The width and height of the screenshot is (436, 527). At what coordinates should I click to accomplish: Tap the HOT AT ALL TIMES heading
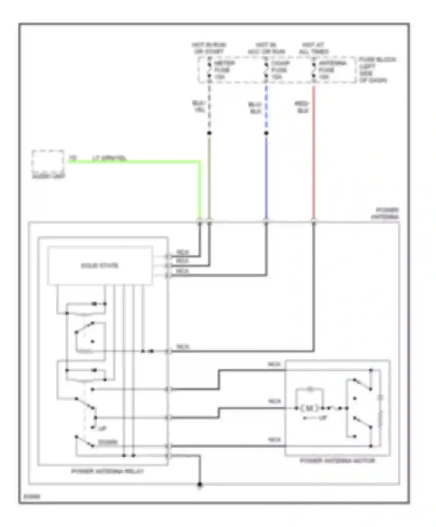click(x=313, y=48)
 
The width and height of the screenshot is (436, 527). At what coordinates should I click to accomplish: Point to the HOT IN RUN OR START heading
click(x=209, y=48)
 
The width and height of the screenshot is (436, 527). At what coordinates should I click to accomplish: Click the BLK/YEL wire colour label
click(x=199, y=107)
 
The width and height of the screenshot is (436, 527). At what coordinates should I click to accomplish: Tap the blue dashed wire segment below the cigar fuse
click(x=266, y=107)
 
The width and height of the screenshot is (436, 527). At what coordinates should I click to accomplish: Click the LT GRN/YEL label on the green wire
click(x=109, y=158)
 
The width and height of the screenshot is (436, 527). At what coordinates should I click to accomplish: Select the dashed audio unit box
click(x=48, y=162)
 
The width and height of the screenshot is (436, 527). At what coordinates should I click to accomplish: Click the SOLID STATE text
click(x=99, y=266)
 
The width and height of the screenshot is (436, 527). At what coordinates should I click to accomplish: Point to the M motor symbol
click(x=309, y=408)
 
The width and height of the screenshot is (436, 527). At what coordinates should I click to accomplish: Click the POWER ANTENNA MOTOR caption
click(x=337, y=461)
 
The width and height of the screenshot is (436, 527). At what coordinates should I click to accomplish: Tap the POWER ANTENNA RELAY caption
click(x=107, y=471)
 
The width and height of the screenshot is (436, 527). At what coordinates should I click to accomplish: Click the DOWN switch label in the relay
click(x=108, y=442)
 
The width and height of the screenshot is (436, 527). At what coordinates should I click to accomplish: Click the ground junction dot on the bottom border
click(x=199, y=485)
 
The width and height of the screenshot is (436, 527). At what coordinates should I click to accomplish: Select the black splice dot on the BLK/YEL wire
click(x=209, y=133)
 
